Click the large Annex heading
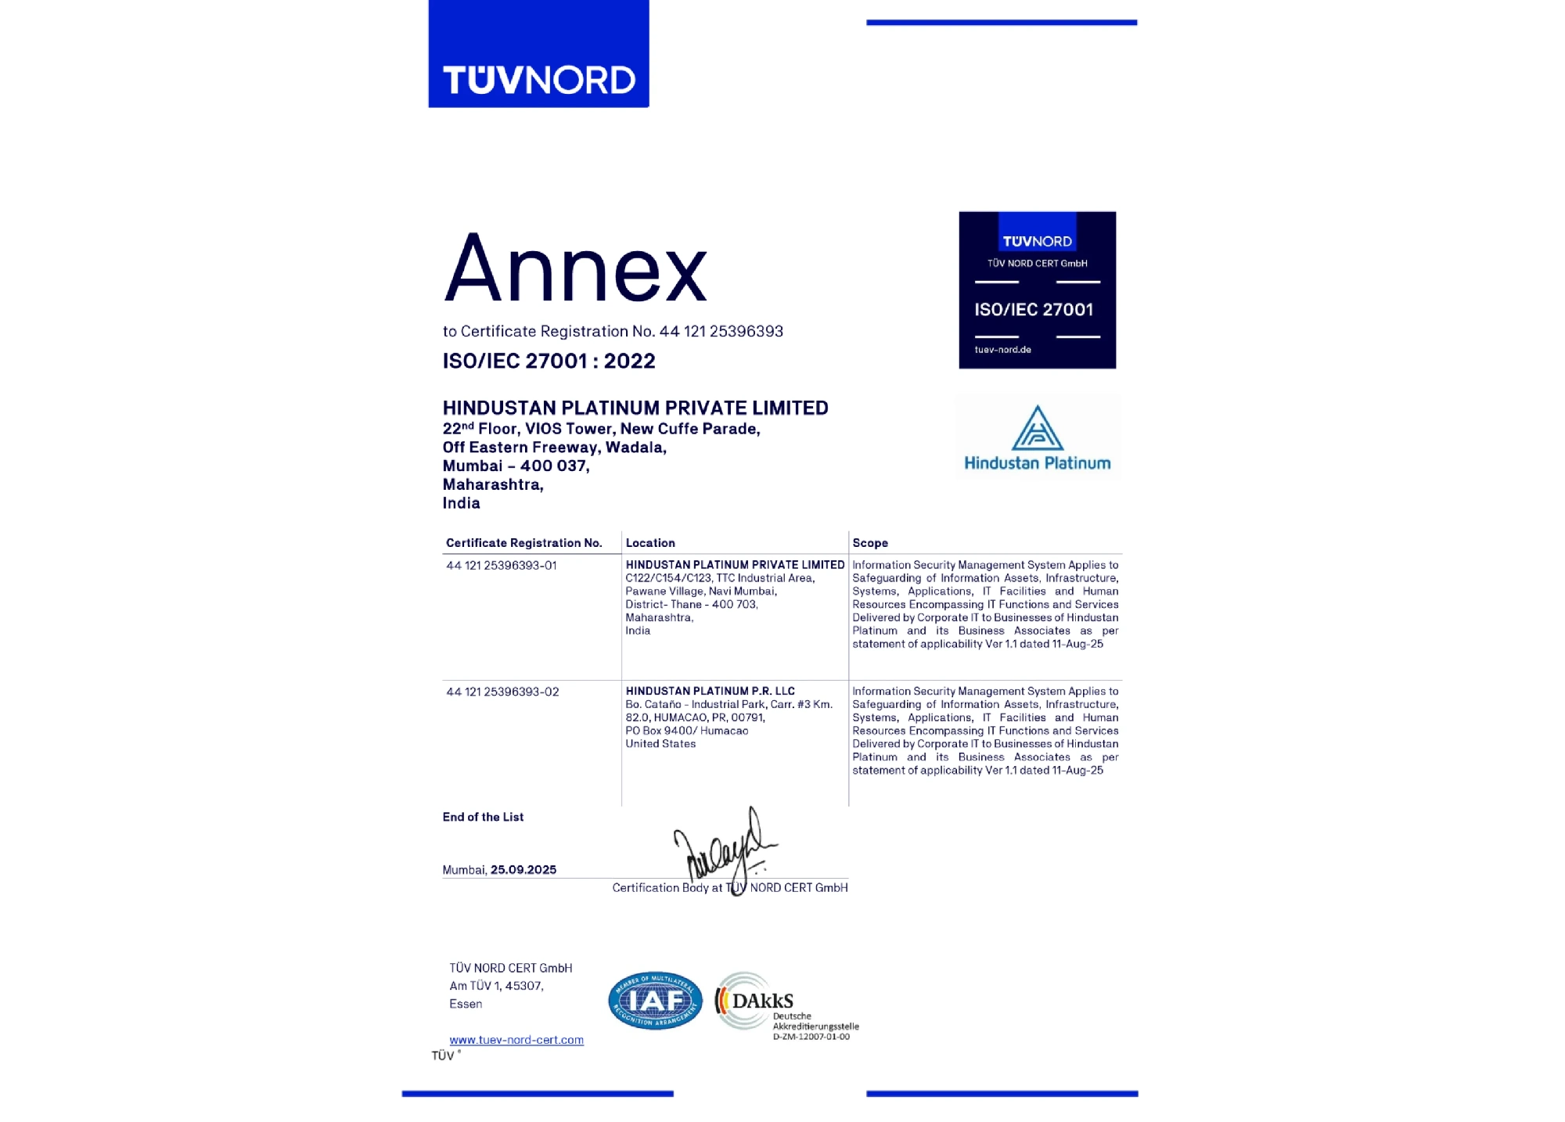(x=576, y=268)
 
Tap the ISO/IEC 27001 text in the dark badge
(x=1034, y=310)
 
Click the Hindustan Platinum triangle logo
(x=1037, y=429)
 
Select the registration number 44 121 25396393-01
(x=501, y=566)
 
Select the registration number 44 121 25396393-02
(x=502, y=692)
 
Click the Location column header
(x=649, y=543)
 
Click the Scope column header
(x=869, y=543)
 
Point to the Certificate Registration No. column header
(x=523, y=543)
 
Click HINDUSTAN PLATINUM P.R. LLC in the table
(x=710, y=691)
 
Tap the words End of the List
(x=483, y=817)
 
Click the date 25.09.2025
(x=523, y=870)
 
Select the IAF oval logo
(x=655, y=1001)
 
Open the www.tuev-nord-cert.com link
(x=516, y=1040)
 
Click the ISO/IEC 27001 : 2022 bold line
(x=549, y=361)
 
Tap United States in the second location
(x=660, y=744)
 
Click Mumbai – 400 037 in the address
(x=516, y=466)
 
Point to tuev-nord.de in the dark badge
(x=1002, y=350)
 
